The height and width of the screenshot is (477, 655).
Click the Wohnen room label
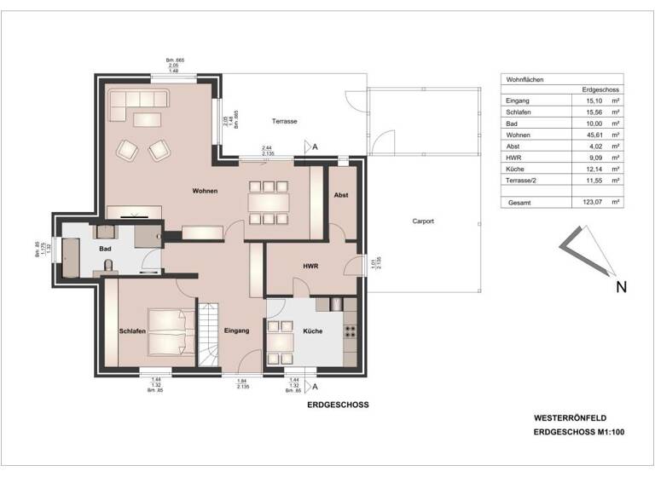tap(206, 192)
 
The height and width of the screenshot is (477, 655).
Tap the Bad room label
tap(105, 249)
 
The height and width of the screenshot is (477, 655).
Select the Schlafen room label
tap(134, 330)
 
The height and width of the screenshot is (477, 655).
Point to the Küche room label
tap(312, 330)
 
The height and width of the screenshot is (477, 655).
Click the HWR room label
tap(310, 267)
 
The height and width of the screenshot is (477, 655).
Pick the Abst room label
tap(341, 195)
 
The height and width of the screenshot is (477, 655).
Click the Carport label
tap(423, 221)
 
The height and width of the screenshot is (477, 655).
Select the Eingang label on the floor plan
tap(236, 330)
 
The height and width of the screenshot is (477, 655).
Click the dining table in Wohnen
tap(269, 203)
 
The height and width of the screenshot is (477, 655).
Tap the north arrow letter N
tap(622, 287)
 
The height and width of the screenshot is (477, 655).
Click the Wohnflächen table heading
tap(525, 78)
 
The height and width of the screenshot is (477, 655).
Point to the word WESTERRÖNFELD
tap(569, 419)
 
